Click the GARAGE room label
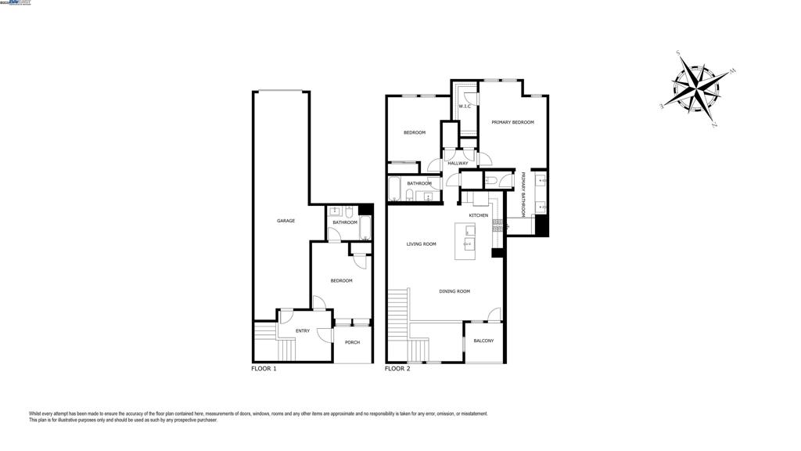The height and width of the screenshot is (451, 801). [x=286, y=221]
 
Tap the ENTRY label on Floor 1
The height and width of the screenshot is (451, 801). [x=302, y=331]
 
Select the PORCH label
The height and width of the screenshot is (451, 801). [x=352, y=342]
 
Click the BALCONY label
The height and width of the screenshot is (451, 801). [x=483, y=341]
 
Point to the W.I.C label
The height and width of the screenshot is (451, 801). [x=464, y=106]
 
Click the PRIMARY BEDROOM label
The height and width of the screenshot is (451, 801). [x=512, y=122]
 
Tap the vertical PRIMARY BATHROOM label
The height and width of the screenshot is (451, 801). [x=523, y=194]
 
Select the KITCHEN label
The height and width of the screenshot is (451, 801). [x=478, y=215]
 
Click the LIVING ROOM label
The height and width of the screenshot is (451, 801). [x=421, y=244]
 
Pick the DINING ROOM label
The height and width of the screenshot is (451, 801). [x=454, y=291]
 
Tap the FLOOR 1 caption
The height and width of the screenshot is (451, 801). [x=264, y=368]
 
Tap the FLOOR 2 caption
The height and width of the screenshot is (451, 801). [x=397, y=368]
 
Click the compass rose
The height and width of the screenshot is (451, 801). [x=698, y=88]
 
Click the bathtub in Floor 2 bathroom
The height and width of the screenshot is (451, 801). [x=395, y=190]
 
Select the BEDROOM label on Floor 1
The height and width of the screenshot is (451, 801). [x=341, y=280]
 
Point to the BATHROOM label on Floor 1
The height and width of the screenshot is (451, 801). [x=345, y=222]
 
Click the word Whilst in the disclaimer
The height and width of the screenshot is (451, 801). [x=35, y=413]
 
